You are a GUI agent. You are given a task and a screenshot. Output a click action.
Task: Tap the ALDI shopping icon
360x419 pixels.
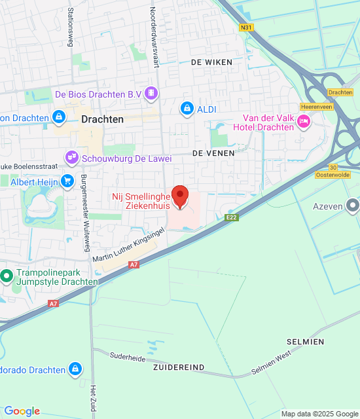[x=187, y=108]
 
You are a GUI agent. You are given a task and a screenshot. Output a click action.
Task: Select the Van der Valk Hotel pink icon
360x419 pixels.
[x=304, y=120]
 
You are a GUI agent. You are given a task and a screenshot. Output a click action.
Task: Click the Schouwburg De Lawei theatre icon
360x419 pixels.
[x=71, y=158]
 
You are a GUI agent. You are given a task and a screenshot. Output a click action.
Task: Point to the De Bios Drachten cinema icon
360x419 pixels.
[x=152, y=94]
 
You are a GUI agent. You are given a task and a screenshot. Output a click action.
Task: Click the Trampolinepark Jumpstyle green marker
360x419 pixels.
[x=7, y=276]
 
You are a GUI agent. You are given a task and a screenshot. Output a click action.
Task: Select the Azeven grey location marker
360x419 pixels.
[x=353, y=206]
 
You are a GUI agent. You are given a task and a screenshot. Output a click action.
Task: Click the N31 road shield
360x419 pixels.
[x=246, y=27]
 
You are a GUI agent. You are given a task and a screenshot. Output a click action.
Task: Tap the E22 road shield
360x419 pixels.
[x=230, y=217]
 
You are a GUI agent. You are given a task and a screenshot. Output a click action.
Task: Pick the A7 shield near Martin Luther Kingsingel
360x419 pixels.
[x=134, y=264]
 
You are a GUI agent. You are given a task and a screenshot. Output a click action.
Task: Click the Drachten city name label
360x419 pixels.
[x=103, y=119]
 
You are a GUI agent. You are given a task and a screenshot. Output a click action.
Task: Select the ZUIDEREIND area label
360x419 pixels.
[x=179, y=367]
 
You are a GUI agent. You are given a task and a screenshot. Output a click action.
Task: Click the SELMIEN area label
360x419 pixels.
[x=305, y=342]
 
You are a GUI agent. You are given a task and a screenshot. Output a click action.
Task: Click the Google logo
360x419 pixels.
[x=22, y=411]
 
